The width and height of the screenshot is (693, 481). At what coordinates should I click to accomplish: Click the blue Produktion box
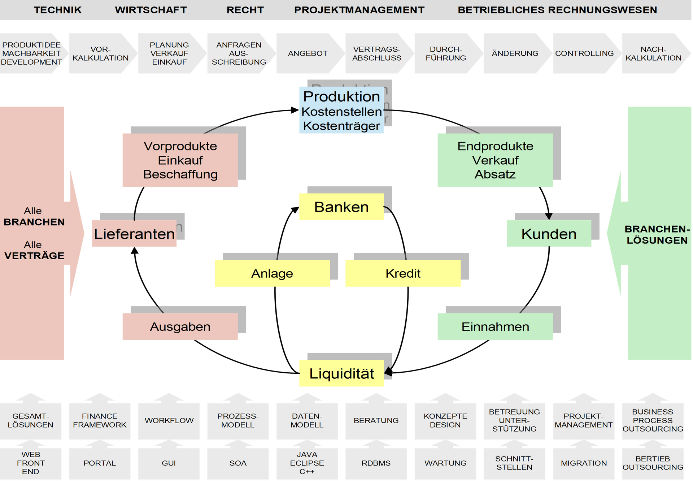tap(341, 110)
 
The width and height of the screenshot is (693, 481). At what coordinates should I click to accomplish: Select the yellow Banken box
tap(341, 207)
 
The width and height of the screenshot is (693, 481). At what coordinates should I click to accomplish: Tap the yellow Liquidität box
tap(341, 373)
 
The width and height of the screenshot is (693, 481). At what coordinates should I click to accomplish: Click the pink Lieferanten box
tap(134, 234)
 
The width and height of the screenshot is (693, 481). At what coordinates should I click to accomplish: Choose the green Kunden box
tap(549, 234)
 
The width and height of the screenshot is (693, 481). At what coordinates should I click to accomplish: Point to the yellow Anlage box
tap(272, 274)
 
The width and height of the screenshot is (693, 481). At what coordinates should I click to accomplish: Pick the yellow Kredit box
tap(403, 274)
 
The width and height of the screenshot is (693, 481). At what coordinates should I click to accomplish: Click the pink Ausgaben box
tap(180, 327)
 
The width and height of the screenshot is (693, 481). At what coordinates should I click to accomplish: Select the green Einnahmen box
tap(495, 327)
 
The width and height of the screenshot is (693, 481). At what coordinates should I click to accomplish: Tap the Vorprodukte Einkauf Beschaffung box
tap(180, 160)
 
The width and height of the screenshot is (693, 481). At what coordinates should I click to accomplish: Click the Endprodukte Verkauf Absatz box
tap(495, 160)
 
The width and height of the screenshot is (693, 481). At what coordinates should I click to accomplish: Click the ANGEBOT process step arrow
tap(308, 53)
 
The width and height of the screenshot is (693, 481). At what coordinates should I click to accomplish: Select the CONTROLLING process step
tap(584, 53)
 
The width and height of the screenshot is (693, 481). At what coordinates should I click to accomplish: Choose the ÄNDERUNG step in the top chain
tap(515, 53)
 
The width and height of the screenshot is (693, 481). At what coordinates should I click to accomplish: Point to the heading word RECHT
tap(245, 10)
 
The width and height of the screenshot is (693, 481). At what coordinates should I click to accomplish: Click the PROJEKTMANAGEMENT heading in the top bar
tap(359, 10)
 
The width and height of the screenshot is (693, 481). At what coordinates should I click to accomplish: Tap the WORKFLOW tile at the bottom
tap(169, 421)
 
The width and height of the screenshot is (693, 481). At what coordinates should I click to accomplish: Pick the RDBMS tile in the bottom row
tap(376, 463)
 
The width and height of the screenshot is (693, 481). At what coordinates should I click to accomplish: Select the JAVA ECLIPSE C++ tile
tap(307, 463)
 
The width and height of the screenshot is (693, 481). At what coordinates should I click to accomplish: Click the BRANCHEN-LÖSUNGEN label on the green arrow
tap(657, 235)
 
